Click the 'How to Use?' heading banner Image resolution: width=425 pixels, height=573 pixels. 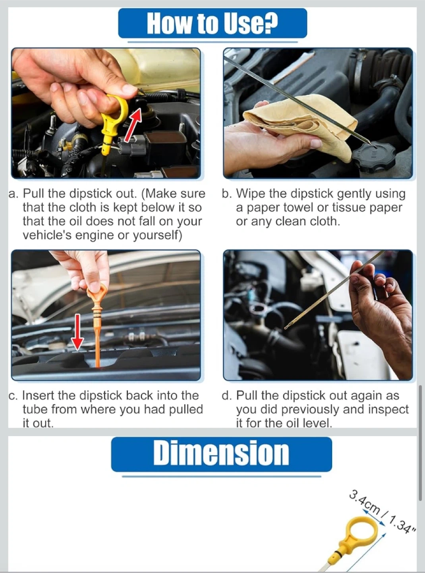(x=212, y=23)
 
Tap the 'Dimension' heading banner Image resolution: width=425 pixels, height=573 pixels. (x=222, y=454)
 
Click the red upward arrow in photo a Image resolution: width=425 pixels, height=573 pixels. (x=133, y=125)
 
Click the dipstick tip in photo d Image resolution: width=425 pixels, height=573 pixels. (x=286, y=328)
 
